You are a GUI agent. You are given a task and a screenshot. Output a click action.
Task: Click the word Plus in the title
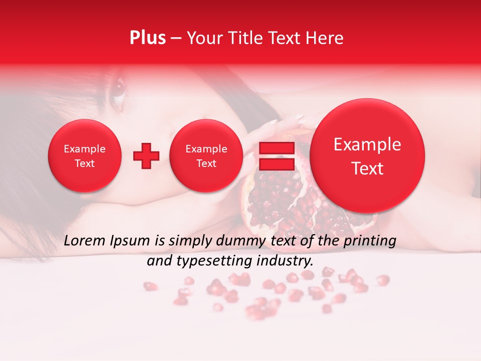pyautogui.click(x=147, y=38)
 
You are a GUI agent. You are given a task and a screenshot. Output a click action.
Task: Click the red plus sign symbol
pyautogui.click(x=146, y=156)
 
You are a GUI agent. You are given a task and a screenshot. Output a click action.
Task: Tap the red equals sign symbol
pyautogui.click(x=276, y=156)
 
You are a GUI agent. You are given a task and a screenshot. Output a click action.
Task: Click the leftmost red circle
pyautogui.click(x=85, y=156)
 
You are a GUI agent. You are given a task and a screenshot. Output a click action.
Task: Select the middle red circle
pyautogui.click(x=206, y=156)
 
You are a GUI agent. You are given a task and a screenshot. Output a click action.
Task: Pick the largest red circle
pyautogui.click(x=367, y=156)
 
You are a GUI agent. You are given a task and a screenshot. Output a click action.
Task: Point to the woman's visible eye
pyautogui.click(x=118, y=88)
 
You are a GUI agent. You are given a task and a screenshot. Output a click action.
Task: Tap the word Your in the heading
pyautogui.click(x=203, y=38)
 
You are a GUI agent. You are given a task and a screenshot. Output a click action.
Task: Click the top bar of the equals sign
pyautogui.click(x=276, y=148)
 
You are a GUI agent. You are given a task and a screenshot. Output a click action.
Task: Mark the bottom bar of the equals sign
pyautogui.click(x=276, y=164)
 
